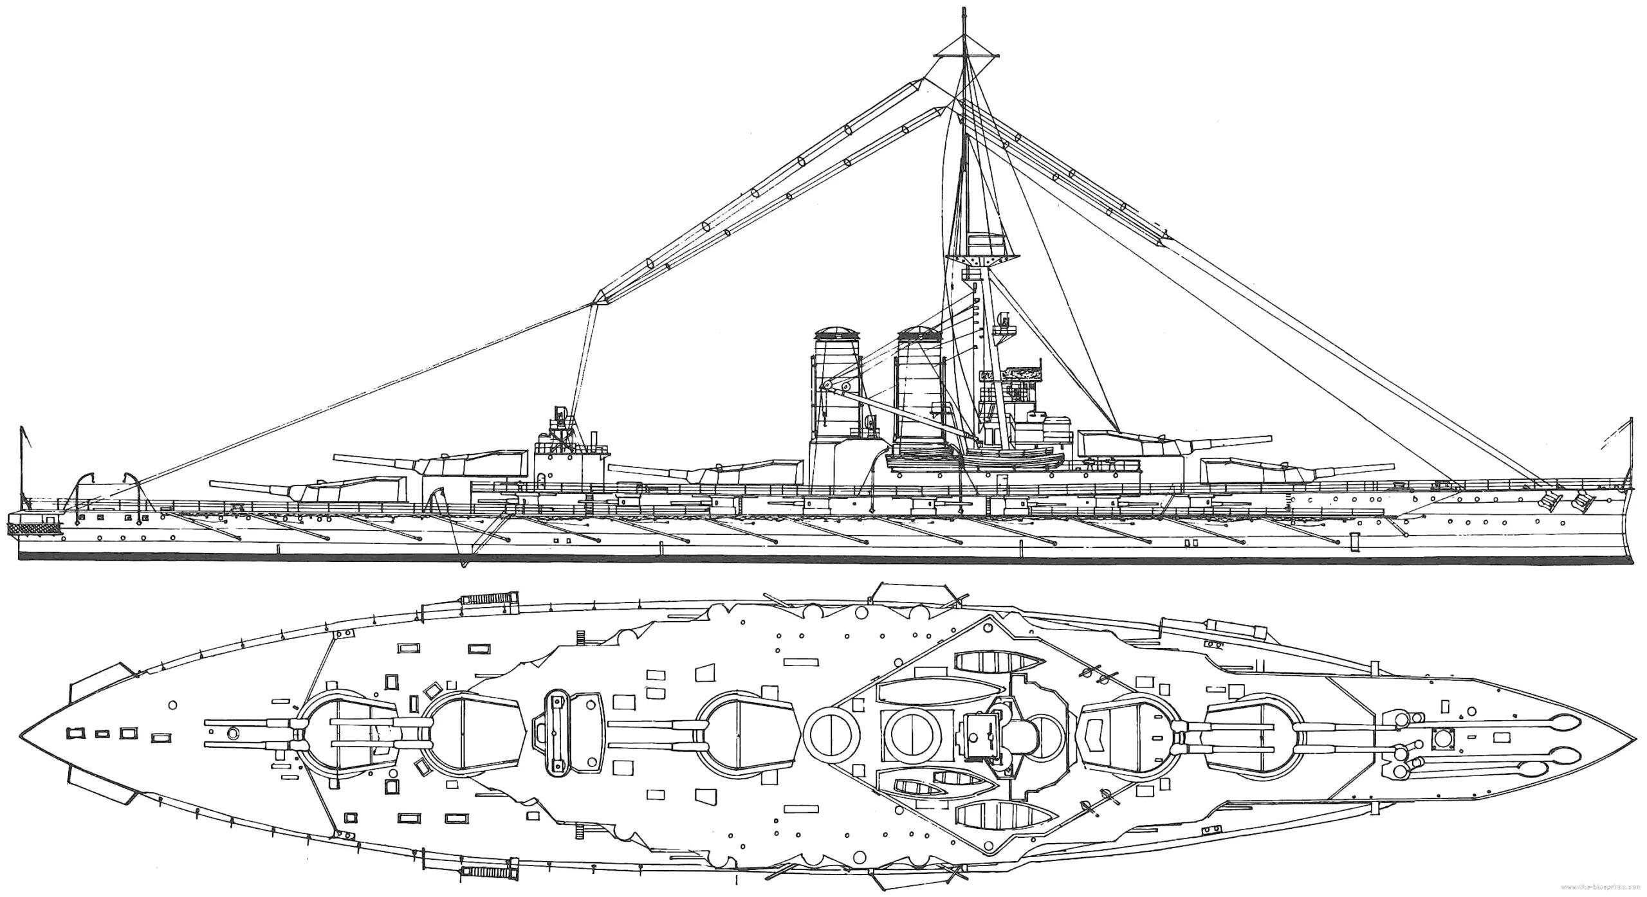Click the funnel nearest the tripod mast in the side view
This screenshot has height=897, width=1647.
pos(919,399)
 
